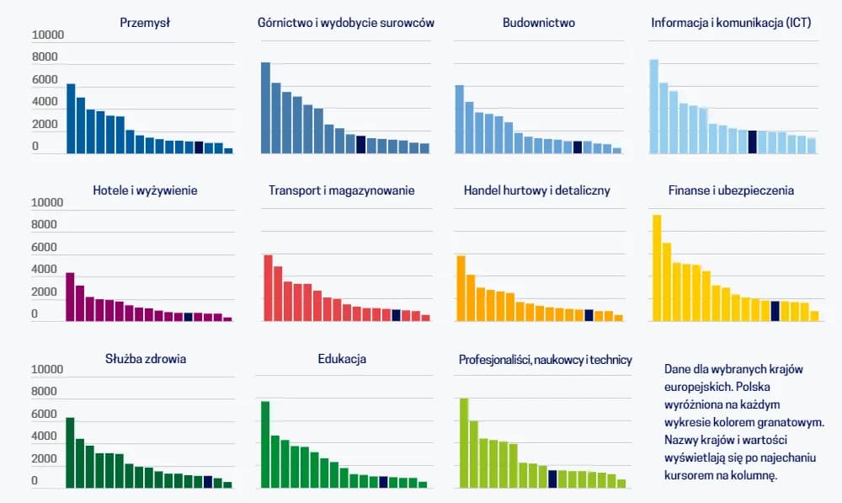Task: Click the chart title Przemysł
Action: [145, 23]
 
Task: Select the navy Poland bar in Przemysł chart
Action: [199, 147]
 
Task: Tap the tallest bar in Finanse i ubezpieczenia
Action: [657, 268]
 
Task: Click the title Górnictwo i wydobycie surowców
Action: [346, 23]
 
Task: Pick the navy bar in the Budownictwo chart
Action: [578, 147]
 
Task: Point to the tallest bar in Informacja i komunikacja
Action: [653, 106]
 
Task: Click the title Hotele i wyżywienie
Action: [145, 190]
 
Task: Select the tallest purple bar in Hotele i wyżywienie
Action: [70, 297]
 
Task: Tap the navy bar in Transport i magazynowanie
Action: [396, 315]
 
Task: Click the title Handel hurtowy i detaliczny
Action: [537, 190]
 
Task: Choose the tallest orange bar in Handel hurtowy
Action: [461, 288]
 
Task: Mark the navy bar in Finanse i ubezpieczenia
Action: [775, 311]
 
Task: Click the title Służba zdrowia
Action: [145, 358]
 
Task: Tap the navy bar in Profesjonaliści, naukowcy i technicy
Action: [552, 479]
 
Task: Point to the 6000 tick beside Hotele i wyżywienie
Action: [45, 248]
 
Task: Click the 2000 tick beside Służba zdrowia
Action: [45, 459]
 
